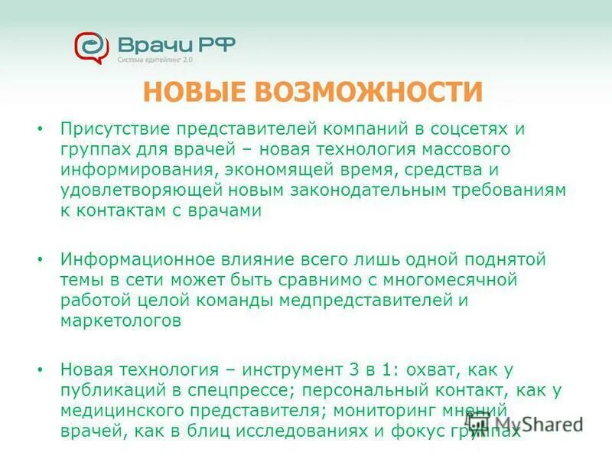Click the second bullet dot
point(40,260)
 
